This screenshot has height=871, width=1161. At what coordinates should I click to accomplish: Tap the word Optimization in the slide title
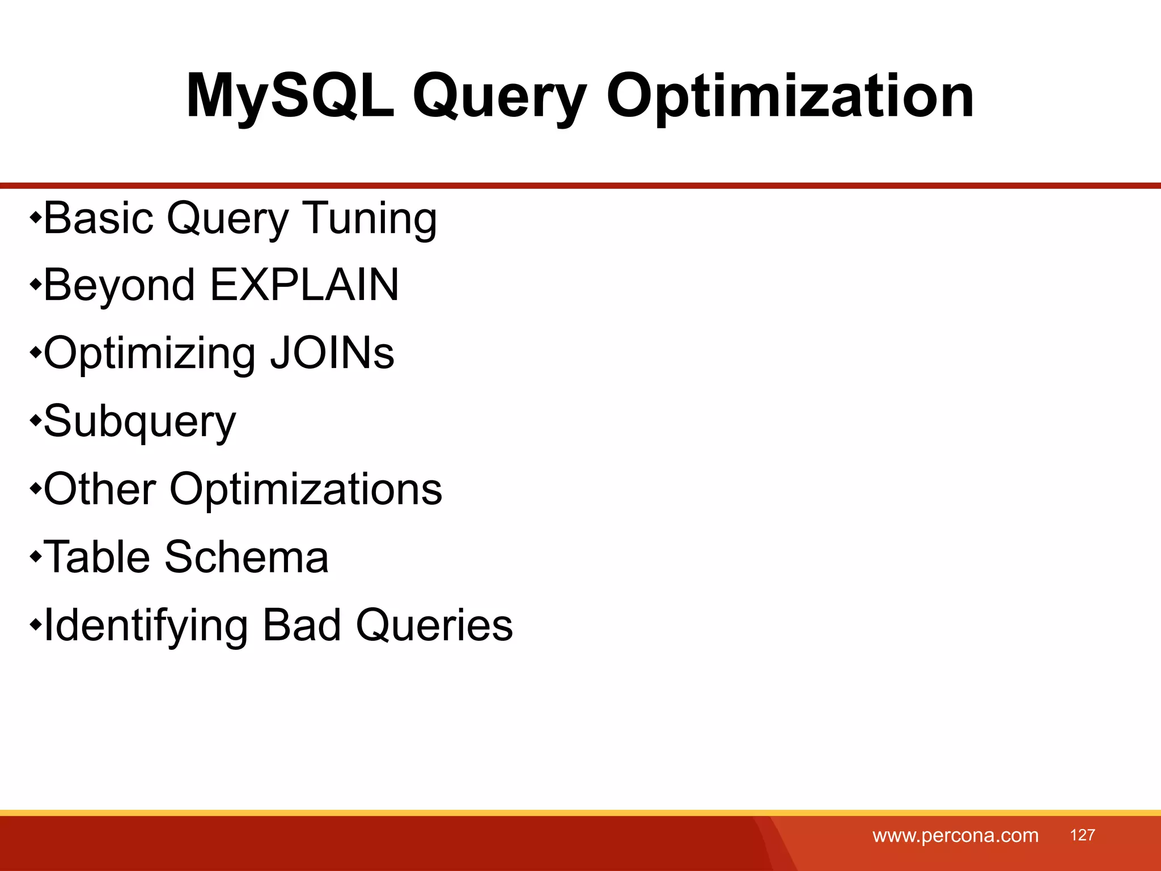pos(790,96)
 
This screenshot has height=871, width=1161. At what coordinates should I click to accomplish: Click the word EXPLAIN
pos(304,285)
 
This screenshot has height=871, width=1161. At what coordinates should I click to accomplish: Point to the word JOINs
pos(332,353)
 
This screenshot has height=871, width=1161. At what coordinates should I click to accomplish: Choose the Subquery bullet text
pos(139,421)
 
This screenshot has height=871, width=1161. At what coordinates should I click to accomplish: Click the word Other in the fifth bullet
pos(100,489)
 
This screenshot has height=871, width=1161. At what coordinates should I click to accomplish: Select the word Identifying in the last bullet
pos(146,625)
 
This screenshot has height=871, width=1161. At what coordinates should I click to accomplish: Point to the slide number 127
pos(1082,835)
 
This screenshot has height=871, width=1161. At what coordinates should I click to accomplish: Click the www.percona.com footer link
pos(955,835)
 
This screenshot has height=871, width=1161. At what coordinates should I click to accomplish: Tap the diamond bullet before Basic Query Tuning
pos(36,217)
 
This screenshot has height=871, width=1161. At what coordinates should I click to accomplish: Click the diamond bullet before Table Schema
pos(36,556)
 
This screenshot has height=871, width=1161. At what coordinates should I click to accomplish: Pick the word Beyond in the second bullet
pos(119,285)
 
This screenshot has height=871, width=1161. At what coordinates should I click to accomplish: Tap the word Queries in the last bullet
pos(434,625)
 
